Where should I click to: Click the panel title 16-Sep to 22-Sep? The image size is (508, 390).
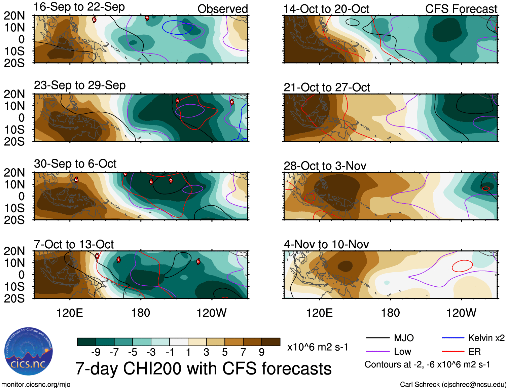(79, 7)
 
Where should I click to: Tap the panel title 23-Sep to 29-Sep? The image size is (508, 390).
(80, 85)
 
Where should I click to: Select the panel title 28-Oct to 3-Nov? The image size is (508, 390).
(325, 166)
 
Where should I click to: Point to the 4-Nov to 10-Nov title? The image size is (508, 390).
(326, 244)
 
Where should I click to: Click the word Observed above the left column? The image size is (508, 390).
(222, 9)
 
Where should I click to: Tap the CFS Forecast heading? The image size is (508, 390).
(461, 9)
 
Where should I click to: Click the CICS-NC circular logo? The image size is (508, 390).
(28, 352)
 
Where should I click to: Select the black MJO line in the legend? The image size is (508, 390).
(377, 338)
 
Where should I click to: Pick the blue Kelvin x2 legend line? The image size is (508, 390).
(453, 338)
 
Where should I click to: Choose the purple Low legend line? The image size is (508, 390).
(377, 352)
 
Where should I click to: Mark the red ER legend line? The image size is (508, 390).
(453, 352)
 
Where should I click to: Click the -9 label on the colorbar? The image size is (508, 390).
(96, 352)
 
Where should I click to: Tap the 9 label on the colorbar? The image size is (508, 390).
(262, 352)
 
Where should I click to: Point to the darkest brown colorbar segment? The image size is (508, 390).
(271, 342)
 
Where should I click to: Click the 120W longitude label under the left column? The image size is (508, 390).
(212, 313)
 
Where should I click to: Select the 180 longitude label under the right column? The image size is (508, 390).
(390, 313)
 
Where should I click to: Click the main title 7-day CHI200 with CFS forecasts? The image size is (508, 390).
(203, 368)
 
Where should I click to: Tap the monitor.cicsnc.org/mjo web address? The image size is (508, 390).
(36, 385)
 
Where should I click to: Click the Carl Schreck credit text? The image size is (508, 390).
(453, 385)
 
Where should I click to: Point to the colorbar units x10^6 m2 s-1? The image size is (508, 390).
(318, 347)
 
